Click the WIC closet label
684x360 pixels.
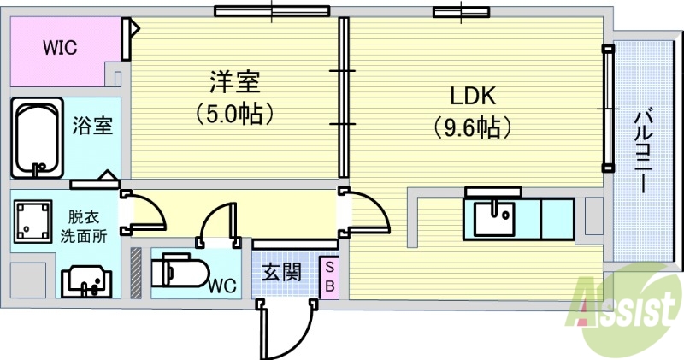point(60,48)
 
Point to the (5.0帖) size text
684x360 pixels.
point(233,112)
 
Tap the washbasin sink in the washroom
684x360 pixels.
point(85,279)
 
